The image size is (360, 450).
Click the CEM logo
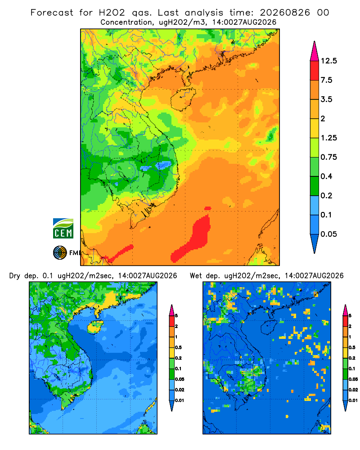[x=63, y=228]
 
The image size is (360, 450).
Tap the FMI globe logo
[x=60, y=253]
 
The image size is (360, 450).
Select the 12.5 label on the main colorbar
[x=329, y=61]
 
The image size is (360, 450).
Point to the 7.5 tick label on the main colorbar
[x=326, y=80]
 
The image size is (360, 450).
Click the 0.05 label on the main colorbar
[x=328, y=234]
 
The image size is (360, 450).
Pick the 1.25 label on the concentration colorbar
[x=328, y=138]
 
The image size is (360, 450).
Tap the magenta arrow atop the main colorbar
[x=315, y=51]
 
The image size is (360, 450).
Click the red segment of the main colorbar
[x=315, y=71]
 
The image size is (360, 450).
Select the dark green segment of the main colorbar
[x=315, y=186]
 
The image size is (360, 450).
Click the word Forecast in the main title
[x=52, y=13]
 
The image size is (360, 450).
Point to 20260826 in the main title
[x=285, y=13]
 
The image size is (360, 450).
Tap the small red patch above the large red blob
[x=207, y=208]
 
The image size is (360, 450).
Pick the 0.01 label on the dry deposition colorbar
[x=180, y=400]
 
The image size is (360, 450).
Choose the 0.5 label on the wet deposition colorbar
[x=351, y=347]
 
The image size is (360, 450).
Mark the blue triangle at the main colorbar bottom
[x=315, y=243]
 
